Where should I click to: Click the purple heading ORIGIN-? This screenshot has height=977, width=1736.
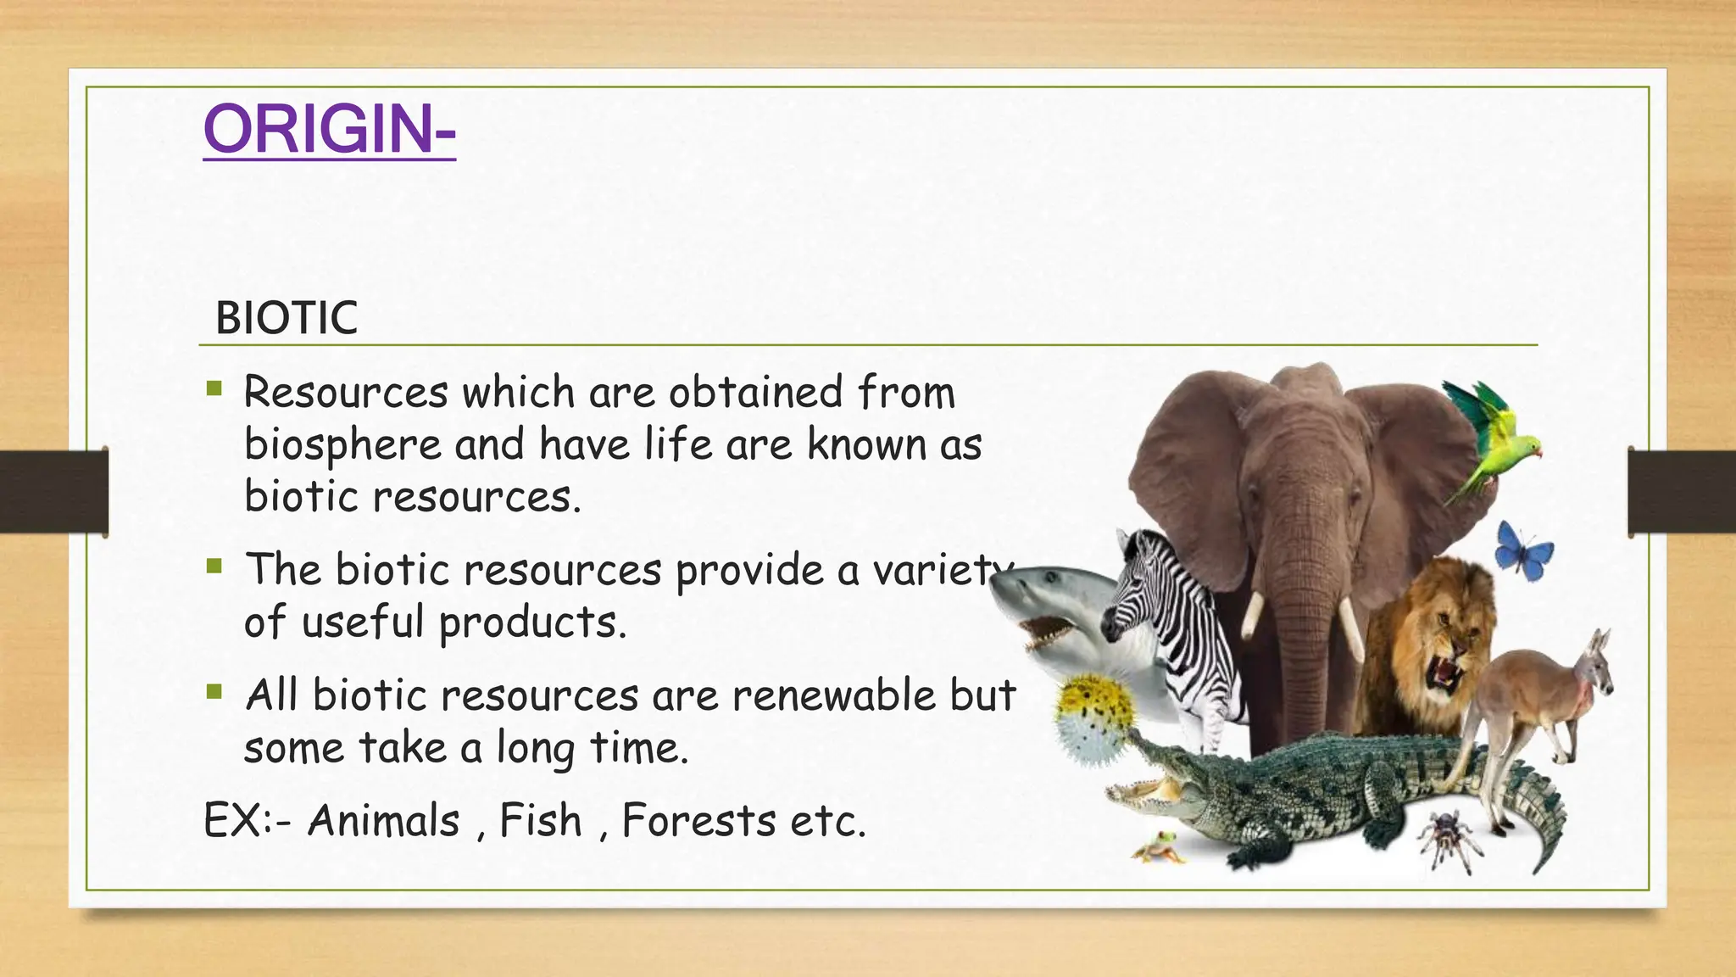coord(329,129)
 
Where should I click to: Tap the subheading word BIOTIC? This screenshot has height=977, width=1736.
coord(287,319)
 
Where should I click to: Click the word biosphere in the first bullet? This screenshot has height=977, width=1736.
coord(342,444)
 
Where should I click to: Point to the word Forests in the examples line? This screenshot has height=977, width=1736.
coord(698,821)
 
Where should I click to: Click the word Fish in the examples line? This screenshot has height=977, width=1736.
coord(541,821)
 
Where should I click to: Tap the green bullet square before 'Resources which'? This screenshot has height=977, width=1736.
coord(214,389)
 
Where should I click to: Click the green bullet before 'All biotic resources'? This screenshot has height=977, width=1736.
coord(214,693)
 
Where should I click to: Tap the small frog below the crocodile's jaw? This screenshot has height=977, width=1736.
coord(1158,846)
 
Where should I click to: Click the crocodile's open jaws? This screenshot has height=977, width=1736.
coord(1140,784)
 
